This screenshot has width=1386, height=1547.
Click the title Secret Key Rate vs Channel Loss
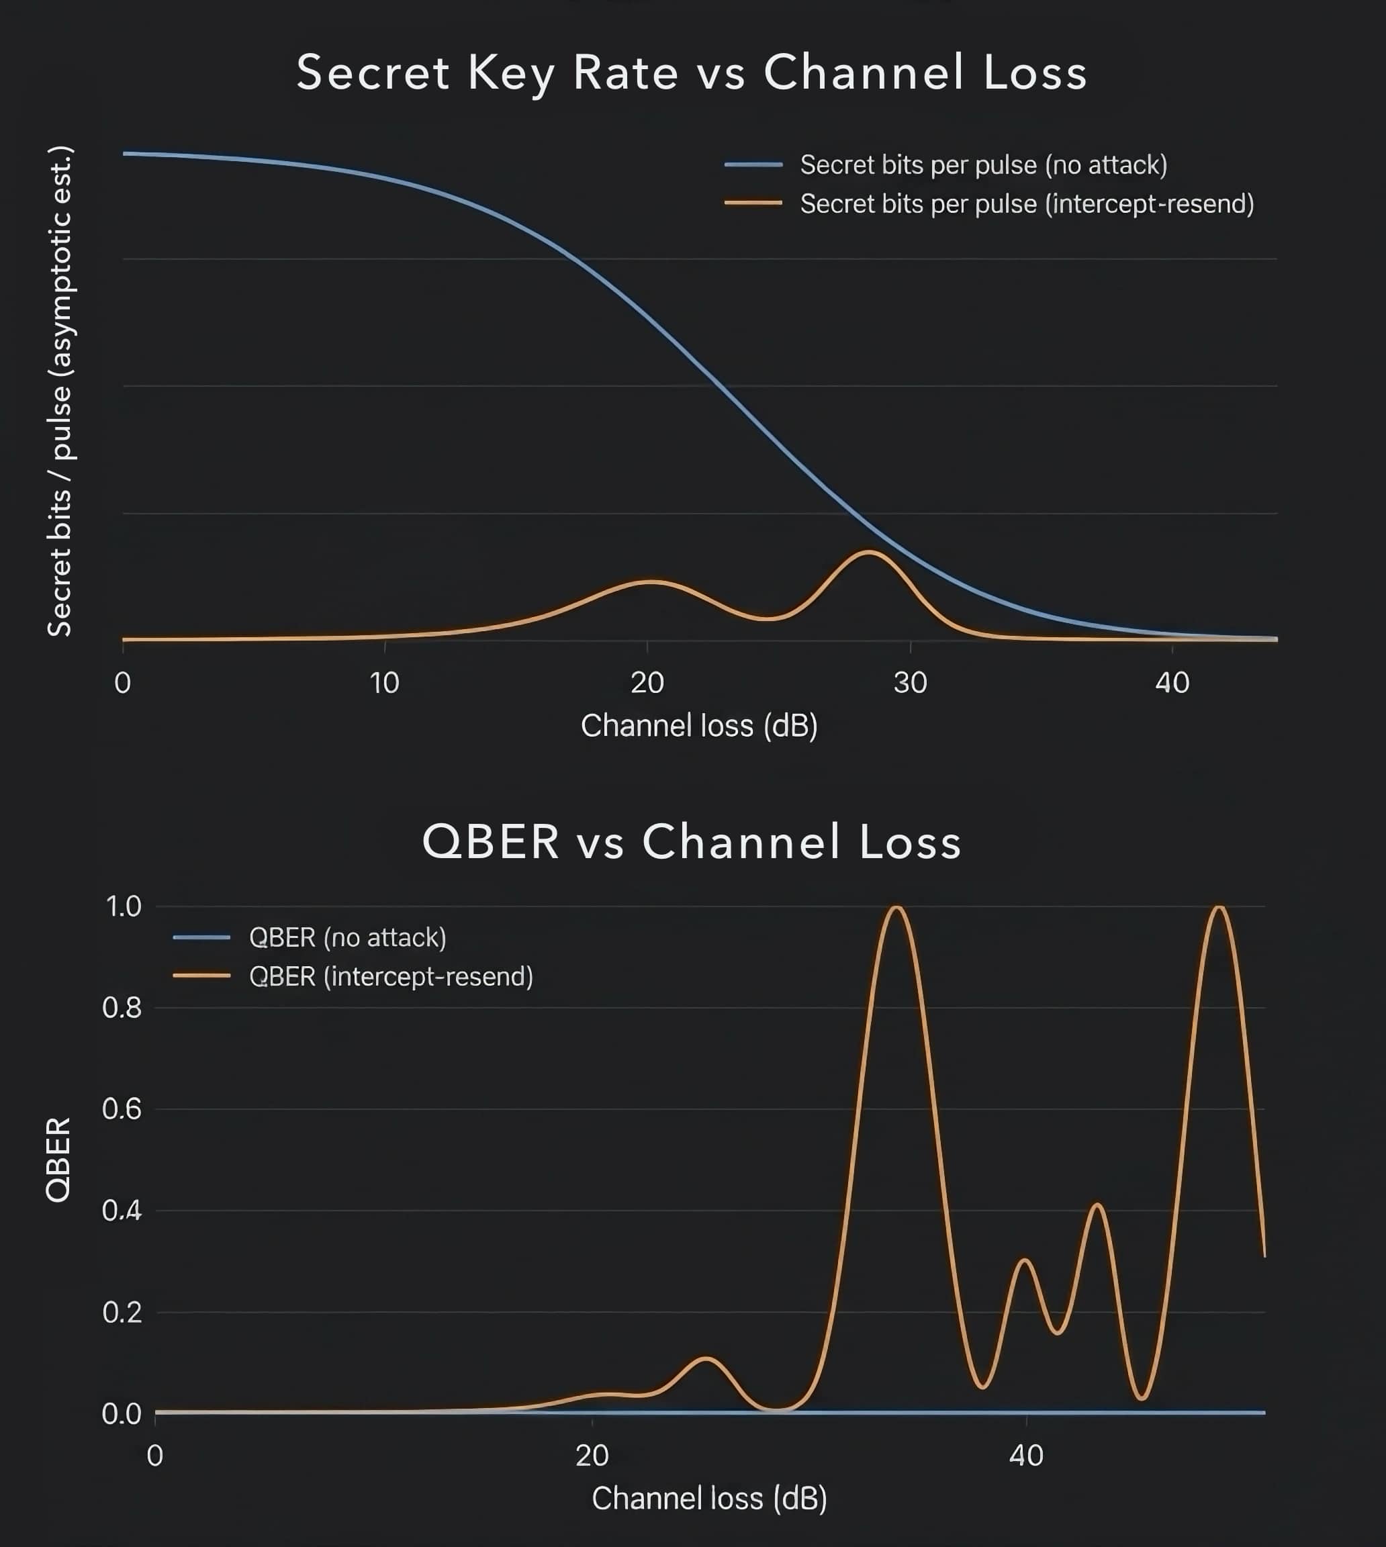coord(692,73)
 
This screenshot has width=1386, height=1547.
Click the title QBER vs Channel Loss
coord(692,842)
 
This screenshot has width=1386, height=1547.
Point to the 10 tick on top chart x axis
coord(385,683)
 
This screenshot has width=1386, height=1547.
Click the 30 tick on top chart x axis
coord(910,683)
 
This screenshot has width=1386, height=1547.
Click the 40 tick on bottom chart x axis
coord(1026,1455)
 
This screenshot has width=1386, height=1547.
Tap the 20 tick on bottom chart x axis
coord(592,1455)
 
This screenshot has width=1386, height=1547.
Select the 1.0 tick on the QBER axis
coord(124,906)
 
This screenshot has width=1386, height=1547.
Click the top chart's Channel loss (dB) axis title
coord(698,726)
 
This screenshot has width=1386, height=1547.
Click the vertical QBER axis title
coord(58,1160)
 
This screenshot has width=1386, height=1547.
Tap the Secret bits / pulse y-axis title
coord(59,391)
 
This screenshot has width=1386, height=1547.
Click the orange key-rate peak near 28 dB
coord(869,552)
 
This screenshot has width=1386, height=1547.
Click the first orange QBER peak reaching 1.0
coord(896,908)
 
